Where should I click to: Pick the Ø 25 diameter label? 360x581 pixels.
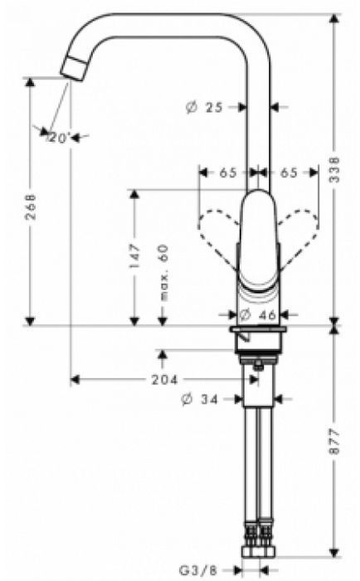207,107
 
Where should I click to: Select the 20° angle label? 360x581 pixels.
59,138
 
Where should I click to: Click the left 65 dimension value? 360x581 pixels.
227,172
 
